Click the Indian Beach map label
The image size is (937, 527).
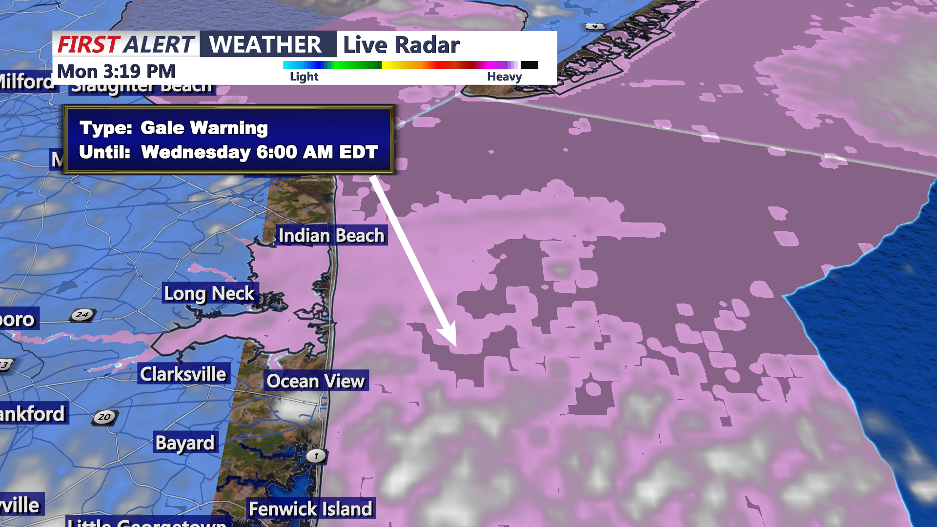tap(331, 236)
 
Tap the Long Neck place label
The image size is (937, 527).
tap(209, 294)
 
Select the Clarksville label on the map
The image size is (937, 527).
tap(183, 374)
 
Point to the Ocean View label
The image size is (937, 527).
tap(316, 381)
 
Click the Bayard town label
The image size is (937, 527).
tap(185, 443)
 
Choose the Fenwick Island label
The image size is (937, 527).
tap(310, 509)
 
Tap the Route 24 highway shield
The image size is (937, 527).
tap(82, 315)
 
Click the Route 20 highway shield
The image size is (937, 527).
tap(104, 417)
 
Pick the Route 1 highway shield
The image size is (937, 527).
tap(316, 456)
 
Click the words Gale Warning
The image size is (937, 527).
tap(204, 128)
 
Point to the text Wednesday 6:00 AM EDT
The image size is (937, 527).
tap(259, 152)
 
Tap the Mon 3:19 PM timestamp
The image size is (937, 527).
tap(116, 72)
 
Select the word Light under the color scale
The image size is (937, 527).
tap(304, 77)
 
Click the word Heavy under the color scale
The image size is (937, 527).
tap(504, 77)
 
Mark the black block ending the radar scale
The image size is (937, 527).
tap(530, 65)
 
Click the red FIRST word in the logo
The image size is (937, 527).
tap(88, 44)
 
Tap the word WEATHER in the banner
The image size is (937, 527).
tap(265, 44)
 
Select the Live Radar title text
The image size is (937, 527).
tap(401, 45)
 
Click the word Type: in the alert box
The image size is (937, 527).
tap(106, 128)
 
